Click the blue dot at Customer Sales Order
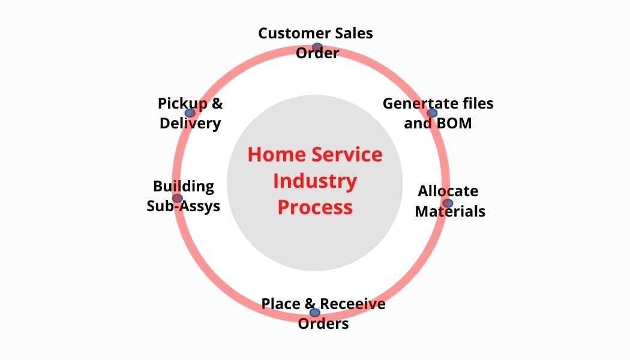click(x=317, y=47)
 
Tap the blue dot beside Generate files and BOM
click(x=432, y=113)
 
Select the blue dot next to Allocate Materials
click(x=448, y=203)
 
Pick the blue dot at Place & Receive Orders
click(x=314, y=312)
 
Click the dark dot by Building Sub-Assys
click(x=177, y=198)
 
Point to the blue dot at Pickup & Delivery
click(x=190, y=113)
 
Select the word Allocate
click(x=448, y=191)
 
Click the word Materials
click(x=450, y=211)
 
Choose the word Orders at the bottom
click(x=323, y=324)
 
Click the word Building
click(x=184, y=186)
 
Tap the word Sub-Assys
click(x=184, y=206)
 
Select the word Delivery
click(x=190, y=124)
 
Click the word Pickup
click(x=182, y=103)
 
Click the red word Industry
click(x=315, y=181)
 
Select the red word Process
click(x=315, y=207)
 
